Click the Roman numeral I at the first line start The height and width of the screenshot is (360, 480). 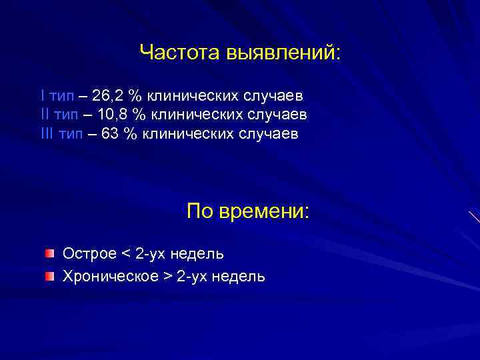(x=43, y=95)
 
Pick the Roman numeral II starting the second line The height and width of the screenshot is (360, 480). (x=45, y=115)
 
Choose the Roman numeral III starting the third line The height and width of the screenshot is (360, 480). (x=47, y=134)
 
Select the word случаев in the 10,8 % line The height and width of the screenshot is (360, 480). (x=279, y=115)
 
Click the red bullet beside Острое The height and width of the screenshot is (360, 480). (x=50, y=254)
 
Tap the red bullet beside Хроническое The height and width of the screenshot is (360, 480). (x=50, y=276)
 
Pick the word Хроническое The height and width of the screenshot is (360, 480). (x=109, y=276)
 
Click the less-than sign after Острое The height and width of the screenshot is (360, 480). (x=127, y=254)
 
